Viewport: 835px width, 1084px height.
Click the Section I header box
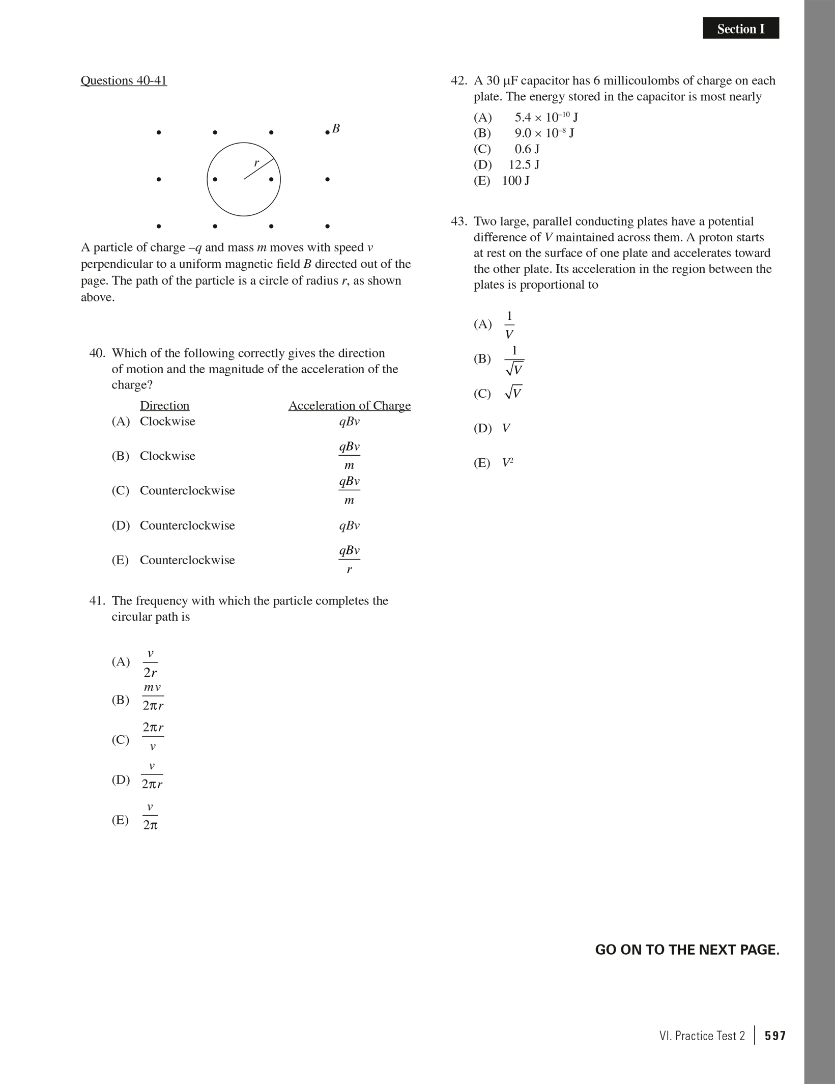tap(740, 29)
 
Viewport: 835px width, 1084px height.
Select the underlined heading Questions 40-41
tap(124, 80)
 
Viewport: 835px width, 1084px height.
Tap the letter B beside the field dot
tap(336, 128)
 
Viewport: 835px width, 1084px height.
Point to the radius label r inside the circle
tap(256, 163)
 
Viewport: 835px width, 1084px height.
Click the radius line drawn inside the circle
tap(260, 169)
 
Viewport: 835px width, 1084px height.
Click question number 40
tap(97, 353)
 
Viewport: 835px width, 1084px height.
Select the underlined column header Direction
tap(164, 406)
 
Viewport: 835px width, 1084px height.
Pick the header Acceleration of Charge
tap(350, 406)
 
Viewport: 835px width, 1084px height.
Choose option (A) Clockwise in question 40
tap(153, 422)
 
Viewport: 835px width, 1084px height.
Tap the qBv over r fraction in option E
tap(350, 560)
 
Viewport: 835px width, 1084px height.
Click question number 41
tap(97, 601)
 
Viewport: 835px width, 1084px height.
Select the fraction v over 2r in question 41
tap(150, 662)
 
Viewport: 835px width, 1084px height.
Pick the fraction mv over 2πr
tap(153, 697)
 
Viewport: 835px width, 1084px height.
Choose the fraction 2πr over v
tap(153, 736)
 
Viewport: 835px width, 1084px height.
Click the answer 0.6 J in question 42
tap(527, 149)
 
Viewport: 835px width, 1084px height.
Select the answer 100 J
tap(515, 181)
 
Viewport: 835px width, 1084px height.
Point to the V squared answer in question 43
tap(507, 463)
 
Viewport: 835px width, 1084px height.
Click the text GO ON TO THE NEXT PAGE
tap(687, 950)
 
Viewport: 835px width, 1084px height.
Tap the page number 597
tap(775, 1036)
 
